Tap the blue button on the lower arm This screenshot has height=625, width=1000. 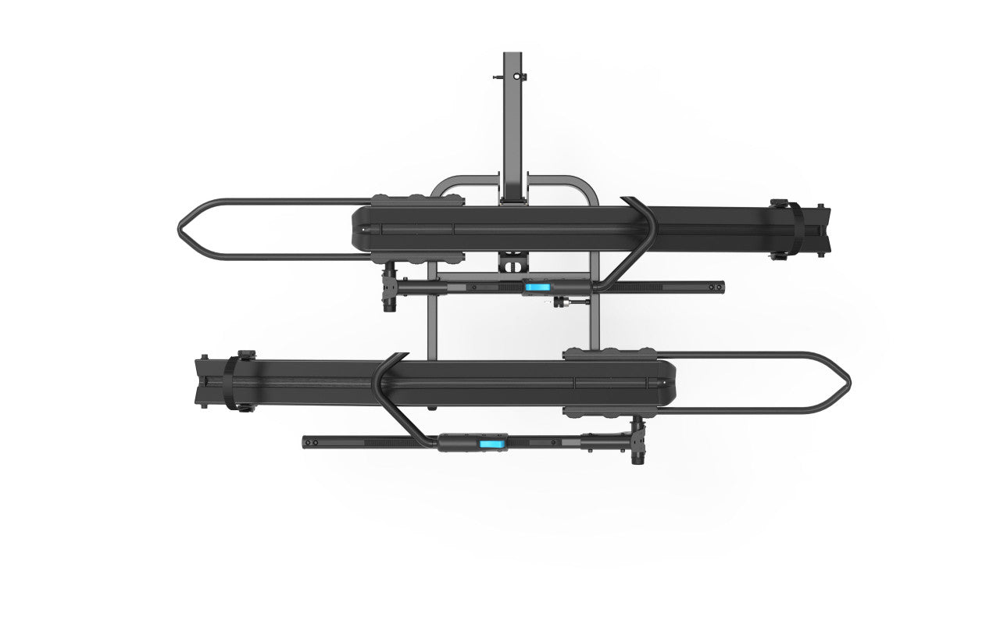coord(491,443)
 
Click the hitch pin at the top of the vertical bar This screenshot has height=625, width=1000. coord(498,77)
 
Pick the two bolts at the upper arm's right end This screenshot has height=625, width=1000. coord(716,287)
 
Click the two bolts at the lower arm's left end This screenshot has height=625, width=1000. coord(310,443)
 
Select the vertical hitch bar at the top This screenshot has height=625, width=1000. coord(512,117)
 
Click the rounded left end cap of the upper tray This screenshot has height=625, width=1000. coord(359,229)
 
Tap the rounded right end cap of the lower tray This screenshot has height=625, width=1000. coord(668,383)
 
